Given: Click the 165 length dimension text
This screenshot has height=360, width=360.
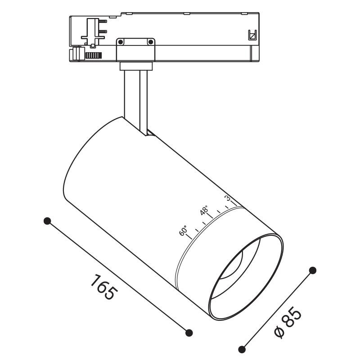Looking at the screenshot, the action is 104,287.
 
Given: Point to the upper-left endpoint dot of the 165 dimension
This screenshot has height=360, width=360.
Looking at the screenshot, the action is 47,221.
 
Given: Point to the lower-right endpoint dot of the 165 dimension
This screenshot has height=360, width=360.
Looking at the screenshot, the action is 189,333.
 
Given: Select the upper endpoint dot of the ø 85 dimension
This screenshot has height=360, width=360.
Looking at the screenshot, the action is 313,270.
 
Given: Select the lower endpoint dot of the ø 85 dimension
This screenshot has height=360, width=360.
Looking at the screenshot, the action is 242,349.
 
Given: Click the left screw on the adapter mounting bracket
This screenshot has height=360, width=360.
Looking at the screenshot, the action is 121,42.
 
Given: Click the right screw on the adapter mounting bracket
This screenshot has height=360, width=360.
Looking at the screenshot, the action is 150,42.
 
